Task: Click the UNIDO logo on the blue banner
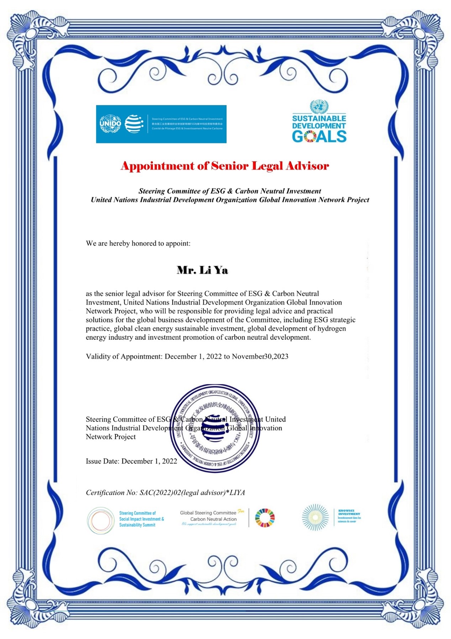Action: (110, 124)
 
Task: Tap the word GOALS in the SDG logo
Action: (319, 136)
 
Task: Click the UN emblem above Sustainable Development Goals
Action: (319, 106)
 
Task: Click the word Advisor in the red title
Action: (307, 166)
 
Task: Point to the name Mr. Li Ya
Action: (202, 270)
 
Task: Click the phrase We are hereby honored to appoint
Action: (138, 243)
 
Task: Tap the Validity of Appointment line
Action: (187, 357)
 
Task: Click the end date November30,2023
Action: (260, 357)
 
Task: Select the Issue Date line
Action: (131, 461)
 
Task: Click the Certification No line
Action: (165, 492)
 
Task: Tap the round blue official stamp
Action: (215, 428)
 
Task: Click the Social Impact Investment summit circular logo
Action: (101, 520)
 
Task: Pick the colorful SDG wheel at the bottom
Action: (265, 518)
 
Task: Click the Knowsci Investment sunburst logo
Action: (315, 517)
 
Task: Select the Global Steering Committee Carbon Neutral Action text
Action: (210, 516)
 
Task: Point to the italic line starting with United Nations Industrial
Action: (230, 200)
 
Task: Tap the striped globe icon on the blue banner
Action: (134, 124)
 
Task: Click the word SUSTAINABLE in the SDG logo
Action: (319, 118)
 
